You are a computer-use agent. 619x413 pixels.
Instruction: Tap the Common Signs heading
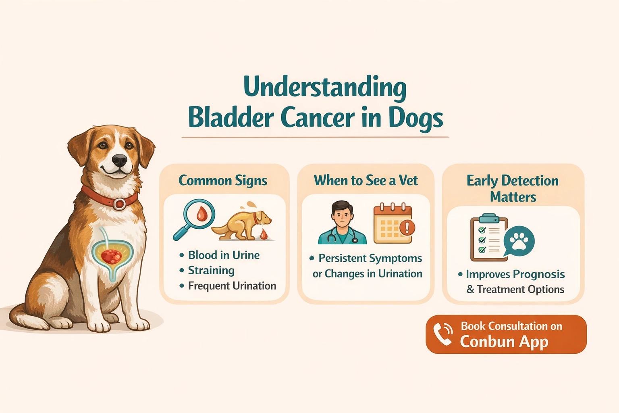click(x=222, y=180)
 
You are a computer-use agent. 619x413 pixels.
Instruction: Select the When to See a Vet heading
click(x=366, y=180)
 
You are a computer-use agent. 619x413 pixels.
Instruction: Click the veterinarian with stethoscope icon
click(x=342, y=224)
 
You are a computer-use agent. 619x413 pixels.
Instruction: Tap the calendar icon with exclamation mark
click(x=393, y=224)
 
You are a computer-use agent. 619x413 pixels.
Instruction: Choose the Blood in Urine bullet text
click(x=224, y=255)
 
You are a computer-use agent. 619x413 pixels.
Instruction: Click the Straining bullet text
click(x=211, y=270)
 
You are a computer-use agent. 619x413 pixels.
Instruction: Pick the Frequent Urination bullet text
click(x=232, y=286)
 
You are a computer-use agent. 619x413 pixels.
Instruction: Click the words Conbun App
click(x=504, y=342)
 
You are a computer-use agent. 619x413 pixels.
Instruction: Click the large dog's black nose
click(x=119, y=160)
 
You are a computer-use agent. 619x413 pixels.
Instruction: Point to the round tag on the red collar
click(x=119, y=204)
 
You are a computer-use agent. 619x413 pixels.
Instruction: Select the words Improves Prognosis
click(x=515, y=274)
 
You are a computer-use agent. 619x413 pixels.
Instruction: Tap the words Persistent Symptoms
click(x=370, y=258)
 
